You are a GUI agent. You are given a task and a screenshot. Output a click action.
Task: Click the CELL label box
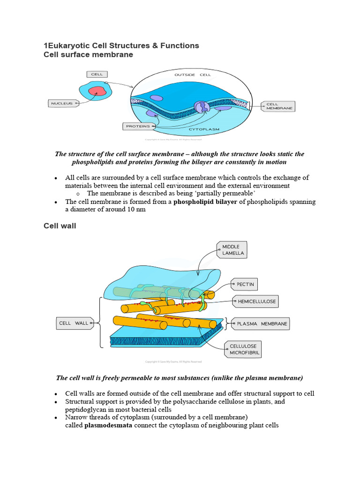(x=97, y=74)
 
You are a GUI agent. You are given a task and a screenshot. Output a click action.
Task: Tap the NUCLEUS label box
(x=61, y=103)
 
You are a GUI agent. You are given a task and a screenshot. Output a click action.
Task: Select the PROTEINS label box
(x=138, y=126)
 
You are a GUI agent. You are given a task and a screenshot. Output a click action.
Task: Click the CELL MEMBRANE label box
(x=279, y=106)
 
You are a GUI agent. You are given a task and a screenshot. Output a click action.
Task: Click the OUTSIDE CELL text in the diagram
(x=192, y=75)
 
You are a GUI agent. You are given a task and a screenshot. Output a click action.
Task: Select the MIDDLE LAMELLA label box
(x=231, y=250)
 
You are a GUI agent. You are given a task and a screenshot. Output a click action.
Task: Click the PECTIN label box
(x=244, y=284)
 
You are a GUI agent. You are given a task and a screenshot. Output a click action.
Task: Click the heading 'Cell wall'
(x=60, y=226)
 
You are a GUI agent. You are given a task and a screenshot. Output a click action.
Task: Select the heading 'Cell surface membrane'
(x=88, y=55)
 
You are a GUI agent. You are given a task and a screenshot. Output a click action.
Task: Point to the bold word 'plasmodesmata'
(x=108, y=426)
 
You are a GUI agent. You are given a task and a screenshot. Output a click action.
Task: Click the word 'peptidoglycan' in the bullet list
(x=85, y=409)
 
